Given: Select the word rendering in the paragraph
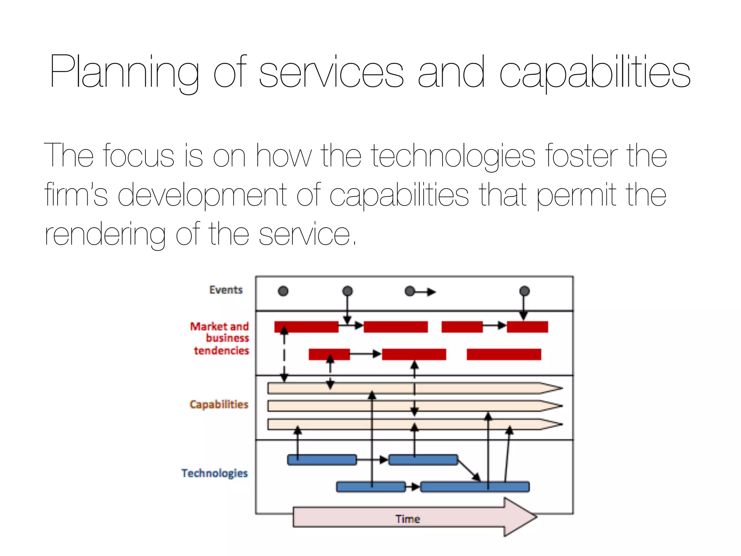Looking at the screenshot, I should tap(105, 235).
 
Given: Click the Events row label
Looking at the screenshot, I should tap(226, 290).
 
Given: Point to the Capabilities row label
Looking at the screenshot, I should tap(219, 404).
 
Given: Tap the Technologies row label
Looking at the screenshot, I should tap(215, 473).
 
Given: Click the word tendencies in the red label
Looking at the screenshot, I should tap(221, 350).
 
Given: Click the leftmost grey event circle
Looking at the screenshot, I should tap(283, 291).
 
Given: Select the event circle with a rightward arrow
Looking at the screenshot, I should tap(410, 291).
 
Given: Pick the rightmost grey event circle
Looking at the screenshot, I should tap(524, 291).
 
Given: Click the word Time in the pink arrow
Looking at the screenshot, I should tap(408, 519).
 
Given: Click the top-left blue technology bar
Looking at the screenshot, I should tap(322, 460).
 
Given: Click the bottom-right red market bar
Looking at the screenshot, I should tap(504, 354).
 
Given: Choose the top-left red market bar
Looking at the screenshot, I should tap(306, 327).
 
